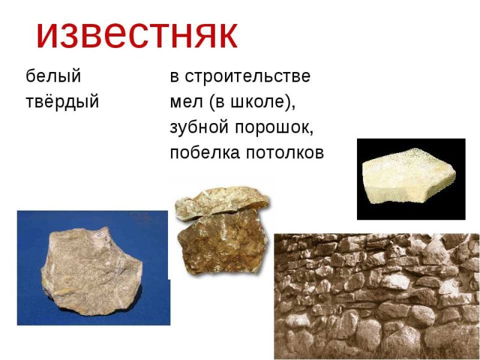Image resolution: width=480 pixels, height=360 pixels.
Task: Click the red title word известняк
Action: [x=137, y=35]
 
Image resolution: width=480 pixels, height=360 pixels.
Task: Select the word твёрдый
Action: [x=62, y=102]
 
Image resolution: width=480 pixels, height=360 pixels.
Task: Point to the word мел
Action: [x=186, y=102]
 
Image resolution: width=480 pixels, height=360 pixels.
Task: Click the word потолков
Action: [x=285, y=153]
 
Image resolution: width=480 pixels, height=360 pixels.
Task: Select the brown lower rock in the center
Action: [x=222, y=243]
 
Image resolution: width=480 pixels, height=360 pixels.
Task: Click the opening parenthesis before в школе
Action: [x=212, y=103]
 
